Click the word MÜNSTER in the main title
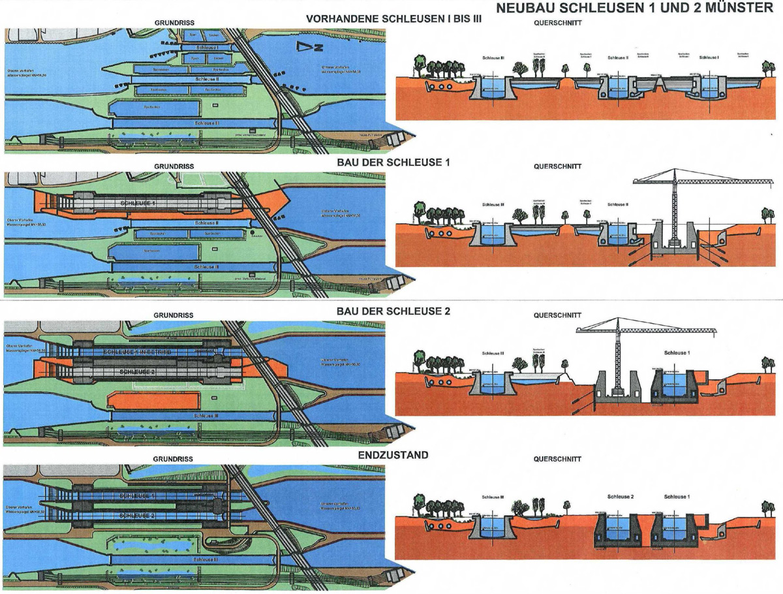point(740,8)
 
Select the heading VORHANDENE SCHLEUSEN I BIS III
point(394,19)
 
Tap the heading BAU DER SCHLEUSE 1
point(393,162)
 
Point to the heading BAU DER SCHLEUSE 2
point(393,311)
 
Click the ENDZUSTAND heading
point(393,455)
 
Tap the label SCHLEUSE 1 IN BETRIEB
point(137,352)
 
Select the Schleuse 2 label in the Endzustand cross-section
point(620,497)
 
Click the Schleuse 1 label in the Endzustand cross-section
point(677,497)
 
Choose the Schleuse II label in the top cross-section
point(617,57)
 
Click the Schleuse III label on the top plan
point(207,122)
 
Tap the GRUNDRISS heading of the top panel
point(174,23)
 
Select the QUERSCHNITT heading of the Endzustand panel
point(557,459)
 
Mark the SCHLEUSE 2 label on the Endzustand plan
point(137,516)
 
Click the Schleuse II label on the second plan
point(207,223)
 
